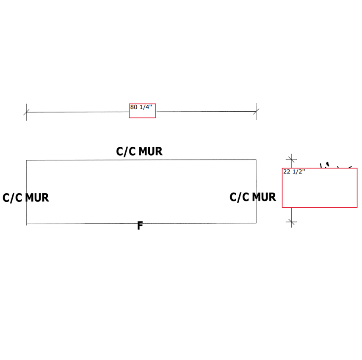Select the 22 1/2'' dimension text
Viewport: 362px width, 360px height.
294,172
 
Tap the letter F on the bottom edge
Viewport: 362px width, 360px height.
140,226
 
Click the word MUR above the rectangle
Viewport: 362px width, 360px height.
150,151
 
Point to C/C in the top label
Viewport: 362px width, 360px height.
126,151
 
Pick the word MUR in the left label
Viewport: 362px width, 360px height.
36,198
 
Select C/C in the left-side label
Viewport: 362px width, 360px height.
12,198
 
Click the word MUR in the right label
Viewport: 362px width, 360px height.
264,197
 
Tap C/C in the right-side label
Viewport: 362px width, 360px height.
240,197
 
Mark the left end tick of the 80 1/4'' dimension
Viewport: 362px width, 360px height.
26,112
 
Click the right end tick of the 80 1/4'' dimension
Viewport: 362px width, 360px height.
256,112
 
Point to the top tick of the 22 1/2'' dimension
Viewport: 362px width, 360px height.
291,159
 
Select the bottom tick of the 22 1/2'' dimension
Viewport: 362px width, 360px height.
291,221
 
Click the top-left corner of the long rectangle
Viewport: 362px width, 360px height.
26,160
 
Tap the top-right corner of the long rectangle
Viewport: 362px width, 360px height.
256,159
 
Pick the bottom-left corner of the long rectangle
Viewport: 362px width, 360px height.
26,224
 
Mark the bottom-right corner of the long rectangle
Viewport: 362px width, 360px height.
256,223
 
